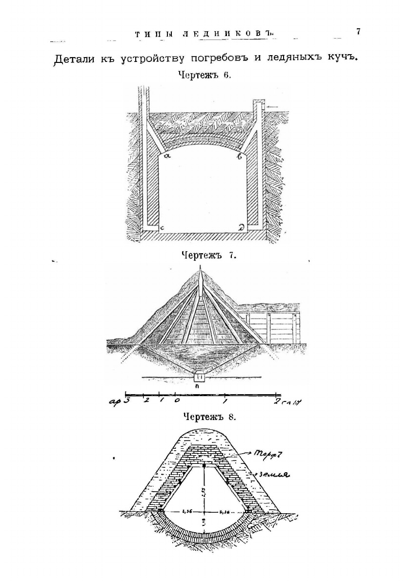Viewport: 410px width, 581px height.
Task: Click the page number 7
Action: pos(358,32)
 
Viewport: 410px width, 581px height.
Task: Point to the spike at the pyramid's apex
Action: pos(200,278)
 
